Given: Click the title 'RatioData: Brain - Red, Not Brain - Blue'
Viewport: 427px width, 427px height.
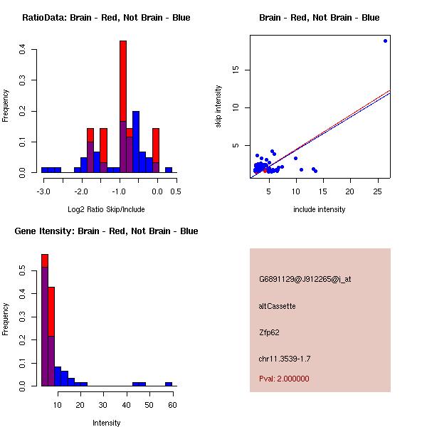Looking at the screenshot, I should (106, 17).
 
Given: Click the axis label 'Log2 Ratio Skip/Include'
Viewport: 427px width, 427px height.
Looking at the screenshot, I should (106, 209).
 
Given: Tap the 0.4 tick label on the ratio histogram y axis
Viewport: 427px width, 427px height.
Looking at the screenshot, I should (23, 49).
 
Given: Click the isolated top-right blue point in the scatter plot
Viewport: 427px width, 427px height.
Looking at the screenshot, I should (385, 41).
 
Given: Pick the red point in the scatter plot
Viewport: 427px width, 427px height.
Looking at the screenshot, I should (265, 171).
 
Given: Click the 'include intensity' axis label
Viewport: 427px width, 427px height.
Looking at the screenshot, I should (320, 209).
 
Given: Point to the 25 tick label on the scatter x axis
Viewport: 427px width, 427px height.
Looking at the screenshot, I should (376, 191).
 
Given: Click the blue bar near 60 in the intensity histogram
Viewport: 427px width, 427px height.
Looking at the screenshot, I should (169, 384).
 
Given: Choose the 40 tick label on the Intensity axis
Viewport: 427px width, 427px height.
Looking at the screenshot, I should (126, 404).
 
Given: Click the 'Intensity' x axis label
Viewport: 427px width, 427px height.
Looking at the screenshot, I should (106, 423).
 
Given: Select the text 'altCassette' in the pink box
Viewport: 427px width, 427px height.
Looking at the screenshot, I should (277, 306).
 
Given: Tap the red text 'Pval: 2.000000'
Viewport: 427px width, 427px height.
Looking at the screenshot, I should (284, 379).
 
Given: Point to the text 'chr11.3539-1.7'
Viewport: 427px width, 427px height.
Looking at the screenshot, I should (285, 358).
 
